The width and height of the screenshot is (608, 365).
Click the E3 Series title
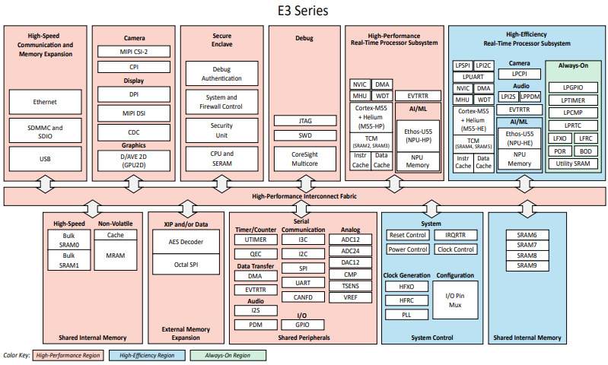[304, 11]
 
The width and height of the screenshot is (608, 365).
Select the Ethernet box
[45, 102]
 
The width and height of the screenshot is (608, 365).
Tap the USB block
[45, 159]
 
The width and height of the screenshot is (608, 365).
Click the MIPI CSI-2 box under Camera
[134, 52]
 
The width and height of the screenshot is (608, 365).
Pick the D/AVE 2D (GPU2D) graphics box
[134, 160]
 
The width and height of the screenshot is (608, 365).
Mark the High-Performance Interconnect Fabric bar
[304, 196]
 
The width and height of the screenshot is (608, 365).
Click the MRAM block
[115, 256]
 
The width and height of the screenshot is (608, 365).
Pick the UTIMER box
[256, 240]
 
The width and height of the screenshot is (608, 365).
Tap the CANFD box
[303, 297]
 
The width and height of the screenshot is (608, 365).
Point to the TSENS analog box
[351, 286]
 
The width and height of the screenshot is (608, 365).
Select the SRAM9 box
[527, 265]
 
